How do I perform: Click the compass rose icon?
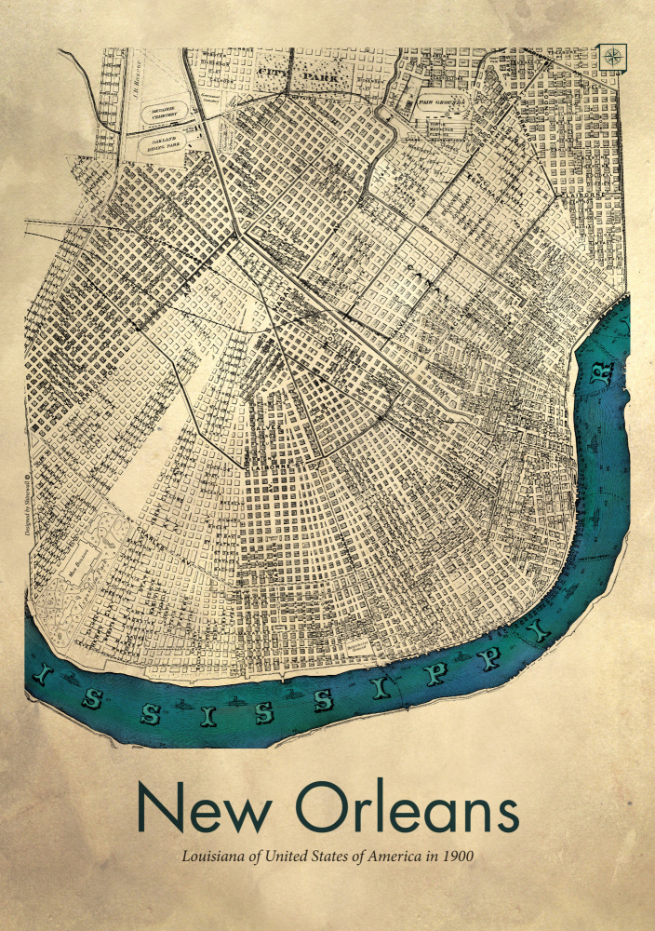pos(614,57)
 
